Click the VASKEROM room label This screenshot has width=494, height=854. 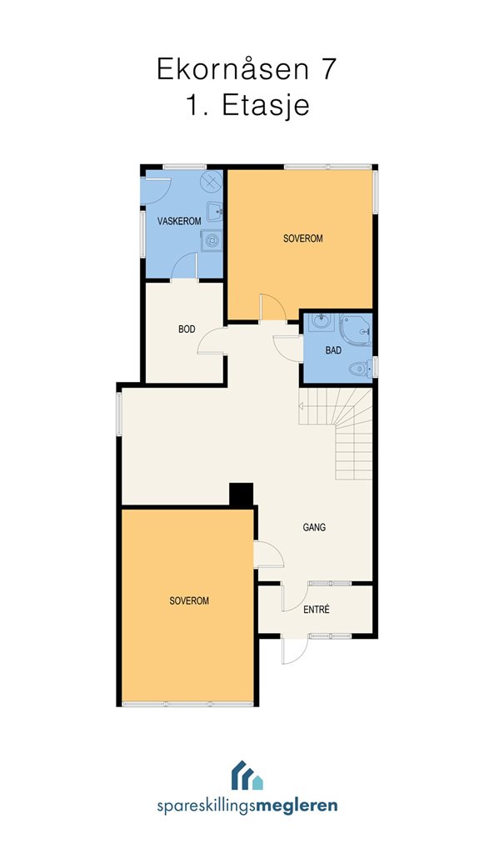point(179,221)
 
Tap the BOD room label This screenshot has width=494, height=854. point(187,329)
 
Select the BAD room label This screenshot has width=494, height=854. point(333,350)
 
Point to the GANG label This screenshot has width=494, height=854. point(314,527)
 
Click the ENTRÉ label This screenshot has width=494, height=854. point(316,610)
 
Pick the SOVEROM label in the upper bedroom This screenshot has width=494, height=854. point(303,239)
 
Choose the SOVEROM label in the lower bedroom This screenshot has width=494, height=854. point(189,601)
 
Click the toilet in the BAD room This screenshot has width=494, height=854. point(360,369)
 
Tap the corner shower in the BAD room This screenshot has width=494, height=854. point(356,329)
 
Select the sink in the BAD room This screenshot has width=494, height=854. point(322,321)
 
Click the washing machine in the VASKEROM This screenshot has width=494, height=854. point(212,240)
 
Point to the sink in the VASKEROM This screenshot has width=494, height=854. point(214,211)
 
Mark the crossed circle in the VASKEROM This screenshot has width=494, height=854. point(212,181)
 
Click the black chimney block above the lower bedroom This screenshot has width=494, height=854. point(241,495)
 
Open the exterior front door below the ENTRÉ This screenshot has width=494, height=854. point(294,650)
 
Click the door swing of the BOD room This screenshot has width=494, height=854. point(211,342)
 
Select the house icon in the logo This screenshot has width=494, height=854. point(247,776)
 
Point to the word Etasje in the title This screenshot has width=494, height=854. point(265,106)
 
